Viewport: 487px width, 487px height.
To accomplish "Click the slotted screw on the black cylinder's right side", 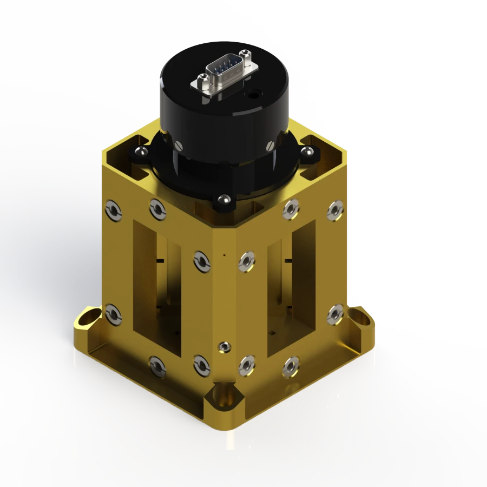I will pos(269,146).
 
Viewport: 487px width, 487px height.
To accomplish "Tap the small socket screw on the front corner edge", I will pos(223,346).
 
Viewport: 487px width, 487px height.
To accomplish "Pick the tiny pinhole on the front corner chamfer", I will pos(223,253).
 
